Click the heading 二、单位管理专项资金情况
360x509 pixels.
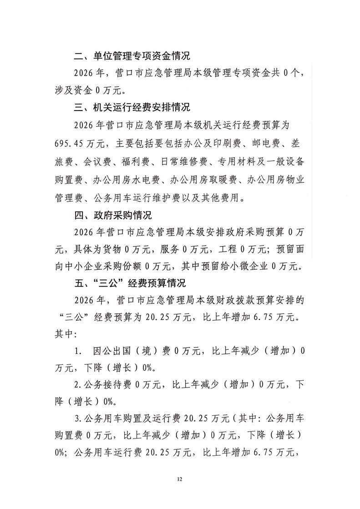(132, 57)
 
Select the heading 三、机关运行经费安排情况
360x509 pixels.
(132, 108)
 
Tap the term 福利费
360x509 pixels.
(135, 163)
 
